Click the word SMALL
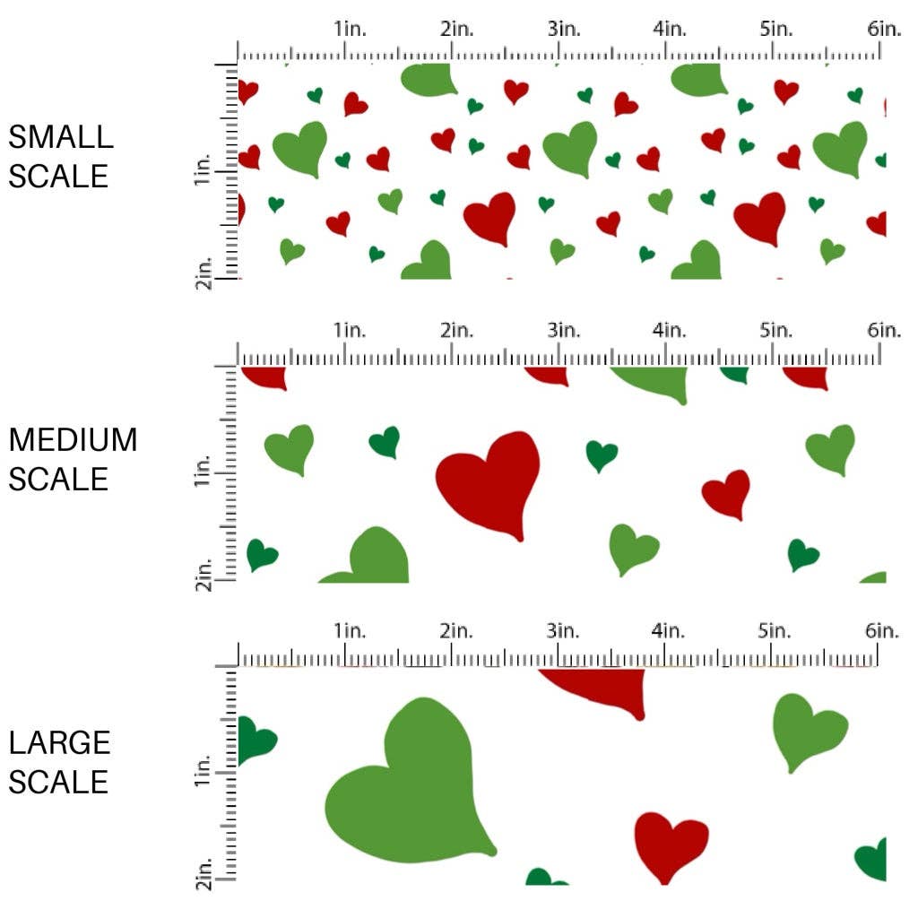click(x=61, y=137)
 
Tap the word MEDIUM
click(x=73, y=440)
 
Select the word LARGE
click(x=60, y=743)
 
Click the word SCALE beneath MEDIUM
click(x=58, y=479)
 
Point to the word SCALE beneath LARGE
click(x=58, y=782)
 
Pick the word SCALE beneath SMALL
click(x=58, y=176)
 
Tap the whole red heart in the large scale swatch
click(x=670, y=844)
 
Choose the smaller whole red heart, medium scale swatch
click(x=728, y=493)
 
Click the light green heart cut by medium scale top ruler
click(x=655, y=381)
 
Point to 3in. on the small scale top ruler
click(x=563, y=29)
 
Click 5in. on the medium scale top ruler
click(x=775, y=331)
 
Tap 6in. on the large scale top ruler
click(x=882, y=631)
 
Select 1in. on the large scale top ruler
click(x=351, y=631)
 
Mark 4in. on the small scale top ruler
click(x=670, y=29)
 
